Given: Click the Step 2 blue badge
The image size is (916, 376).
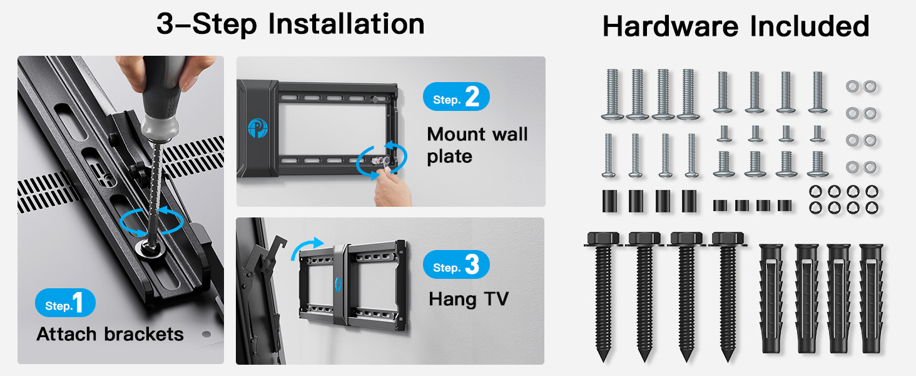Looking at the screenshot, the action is (456, 97).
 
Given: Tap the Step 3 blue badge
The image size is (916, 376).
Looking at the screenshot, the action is (456, 264).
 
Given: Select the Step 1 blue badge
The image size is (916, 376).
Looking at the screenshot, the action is (66, 303).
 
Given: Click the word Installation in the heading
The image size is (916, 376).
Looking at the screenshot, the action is (346, 24).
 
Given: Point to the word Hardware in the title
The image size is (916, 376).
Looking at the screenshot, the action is (671, 26).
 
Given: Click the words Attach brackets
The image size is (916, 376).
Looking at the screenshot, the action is (110, 334).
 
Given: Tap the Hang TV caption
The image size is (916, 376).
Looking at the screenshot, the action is (469, 300).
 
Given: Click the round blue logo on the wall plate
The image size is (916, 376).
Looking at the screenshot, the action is (258, 128).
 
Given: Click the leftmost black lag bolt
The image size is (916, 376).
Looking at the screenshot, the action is (603, 296).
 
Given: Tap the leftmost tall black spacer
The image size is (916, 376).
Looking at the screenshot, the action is (609, 201).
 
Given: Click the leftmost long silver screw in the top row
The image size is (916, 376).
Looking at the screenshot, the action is (612, 94).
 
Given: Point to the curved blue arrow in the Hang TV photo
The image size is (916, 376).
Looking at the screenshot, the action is (306, 247).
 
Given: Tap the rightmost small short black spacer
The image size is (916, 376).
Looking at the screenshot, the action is (785, 205).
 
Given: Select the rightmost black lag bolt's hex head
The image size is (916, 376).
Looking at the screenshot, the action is (728, 238).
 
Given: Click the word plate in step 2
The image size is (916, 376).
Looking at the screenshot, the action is (449, 157).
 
